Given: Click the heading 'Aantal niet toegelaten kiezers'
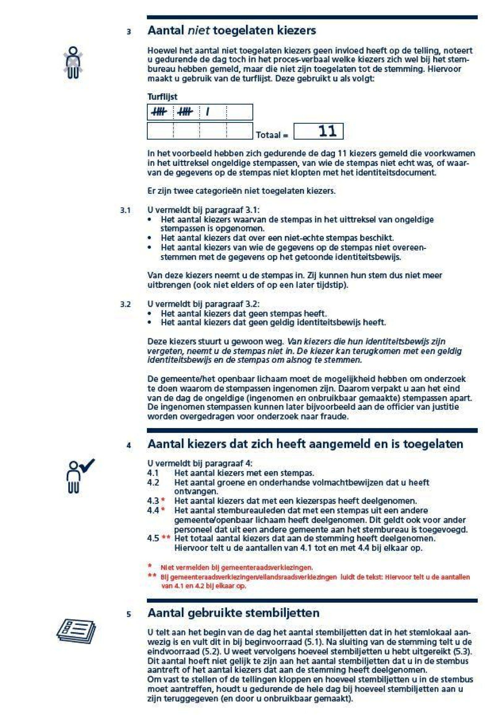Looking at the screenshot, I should (232, 31).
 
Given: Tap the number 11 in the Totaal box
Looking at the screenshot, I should (328, 131).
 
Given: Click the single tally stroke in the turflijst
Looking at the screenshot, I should (208, 111).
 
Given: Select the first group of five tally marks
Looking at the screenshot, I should (159, 111).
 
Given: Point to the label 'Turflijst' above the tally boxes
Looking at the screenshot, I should (162, 97).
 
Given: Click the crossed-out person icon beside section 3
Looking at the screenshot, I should (73, 62).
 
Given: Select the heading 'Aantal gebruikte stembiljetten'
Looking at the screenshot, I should (233, 613).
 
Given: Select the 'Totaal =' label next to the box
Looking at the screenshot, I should (272, 135).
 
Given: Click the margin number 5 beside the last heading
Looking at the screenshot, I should (129, 614).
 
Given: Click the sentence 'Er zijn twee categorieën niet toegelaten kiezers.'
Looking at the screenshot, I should (242, 191).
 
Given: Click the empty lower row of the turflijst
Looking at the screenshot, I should (199, 131).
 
